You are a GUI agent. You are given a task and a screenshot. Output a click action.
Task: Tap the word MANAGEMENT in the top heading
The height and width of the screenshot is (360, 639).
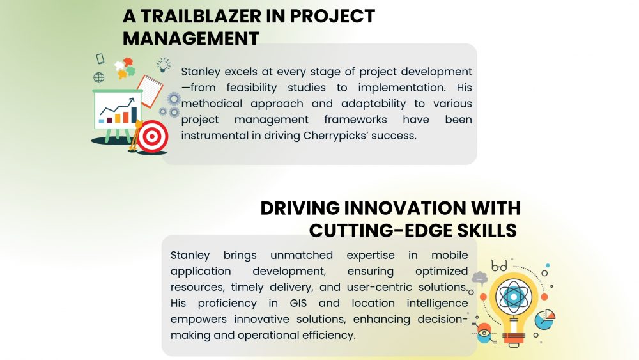point(190,39)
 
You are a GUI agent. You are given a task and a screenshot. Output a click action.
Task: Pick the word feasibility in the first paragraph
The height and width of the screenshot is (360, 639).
point(251,88)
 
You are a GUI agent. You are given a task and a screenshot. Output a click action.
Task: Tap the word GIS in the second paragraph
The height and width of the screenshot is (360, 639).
point(298,303)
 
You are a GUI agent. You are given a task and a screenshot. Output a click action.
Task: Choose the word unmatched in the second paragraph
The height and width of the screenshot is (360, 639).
point(302,254)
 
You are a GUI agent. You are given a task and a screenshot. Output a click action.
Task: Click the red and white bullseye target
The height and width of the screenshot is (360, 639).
point(153,136)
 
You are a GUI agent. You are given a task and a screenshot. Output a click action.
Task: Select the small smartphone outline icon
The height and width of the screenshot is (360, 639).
point(100,58)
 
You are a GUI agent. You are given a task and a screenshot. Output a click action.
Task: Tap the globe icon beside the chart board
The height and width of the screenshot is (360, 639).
point(98,77)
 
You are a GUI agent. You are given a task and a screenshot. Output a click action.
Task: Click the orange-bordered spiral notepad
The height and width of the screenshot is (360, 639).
point(150,91)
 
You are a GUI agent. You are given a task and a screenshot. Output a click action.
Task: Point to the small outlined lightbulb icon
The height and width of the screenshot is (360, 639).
point(164,65)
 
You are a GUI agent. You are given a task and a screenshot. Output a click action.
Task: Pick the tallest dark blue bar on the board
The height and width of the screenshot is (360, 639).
point(134,114)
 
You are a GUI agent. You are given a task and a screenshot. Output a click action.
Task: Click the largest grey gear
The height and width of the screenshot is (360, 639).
point(174,99)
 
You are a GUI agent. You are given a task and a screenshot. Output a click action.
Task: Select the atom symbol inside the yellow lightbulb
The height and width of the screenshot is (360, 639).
point(514,297)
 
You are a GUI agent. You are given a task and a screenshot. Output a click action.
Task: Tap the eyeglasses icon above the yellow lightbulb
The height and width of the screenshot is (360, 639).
point(499,266)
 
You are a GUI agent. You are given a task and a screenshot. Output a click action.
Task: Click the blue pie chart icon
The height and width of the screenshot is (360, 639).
point(544,319)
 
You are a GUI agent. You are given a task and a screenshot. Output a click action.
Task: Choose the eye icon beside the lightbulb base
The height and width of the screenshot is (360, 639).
point(484,333)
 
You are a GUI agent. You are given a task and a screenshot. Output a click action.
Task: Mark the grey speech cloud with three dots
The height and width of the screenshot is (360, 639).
point(480,278)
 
